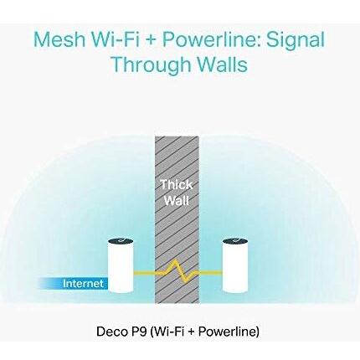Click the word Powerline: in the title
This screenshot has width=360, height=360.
click(212, 39)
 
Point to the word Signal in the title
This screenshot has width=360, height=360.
click(296, 41)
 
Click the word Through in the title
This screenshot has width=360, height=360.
click(152, 65)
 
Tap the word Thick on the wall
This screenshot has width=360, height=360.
click(177, 184)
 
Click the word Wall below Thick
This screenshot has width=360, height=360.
click(177, 200)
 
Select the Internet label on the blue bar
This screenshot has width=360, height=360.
click(83, 284)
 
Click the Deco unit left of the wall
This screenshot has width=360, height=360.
click(121, 265)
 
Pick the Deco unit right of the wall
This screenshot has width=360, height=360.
click(235, 265)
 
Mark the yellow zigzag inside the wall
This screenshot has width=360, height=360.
click(177, 272)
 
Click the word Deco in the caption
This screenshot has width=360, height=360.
click(108, 332)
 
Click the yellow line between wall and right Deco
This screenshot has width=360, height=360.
click(210, 273)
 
